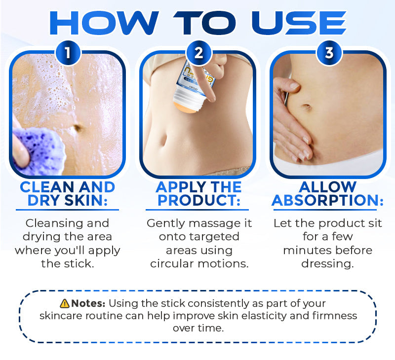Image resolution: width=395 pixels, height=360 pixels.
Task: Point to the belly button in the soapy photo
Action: point(78,128)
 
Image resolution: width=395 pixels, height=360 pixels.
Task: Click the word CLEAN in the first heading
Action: point(47,187)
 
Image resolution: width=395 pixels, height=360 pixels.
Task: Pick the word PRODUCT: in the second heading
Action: point(198,201)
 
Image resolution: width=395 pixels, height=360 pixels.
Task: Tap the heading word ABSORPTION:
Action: point(327,201)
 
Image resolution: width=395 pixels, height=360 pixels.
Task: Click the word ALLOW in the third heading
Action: point(328,187)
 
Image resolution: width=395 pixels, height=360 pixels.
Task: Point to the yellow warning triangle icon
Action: point(64,303)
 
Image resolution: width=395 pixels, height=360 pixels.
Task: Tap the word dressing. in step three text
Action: point(327,263)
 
